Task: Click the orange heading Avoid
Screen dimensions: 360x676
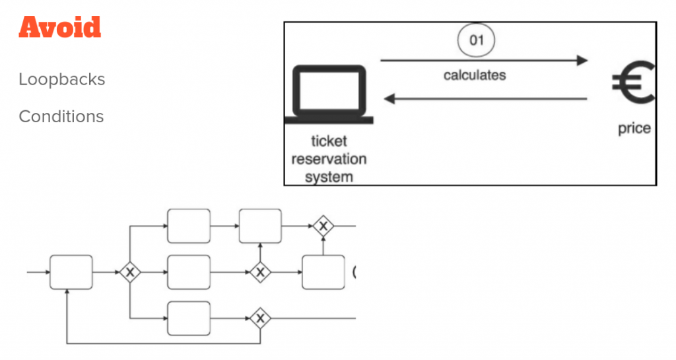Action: pos(60,27)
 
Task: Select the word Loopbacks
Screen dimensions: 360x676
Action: pos(62,79)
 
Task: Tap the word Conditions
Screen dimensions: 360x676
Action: pos(61,116)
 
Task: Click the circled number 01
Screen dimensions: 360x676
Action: pos(476,41)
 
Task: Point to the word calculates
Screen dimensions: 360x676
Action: pos(475,75)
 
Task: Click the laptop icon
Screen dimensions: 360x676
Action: pos(329,94)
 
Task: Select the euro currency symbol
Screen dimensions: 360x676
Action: pos(632,85)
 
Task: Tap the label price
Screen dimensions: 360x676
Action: pos(634,128)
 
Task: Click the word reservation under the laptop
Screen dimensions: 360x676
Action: pos(329,159)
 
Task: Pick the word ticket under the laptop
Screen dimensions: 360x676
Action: pos(329,141)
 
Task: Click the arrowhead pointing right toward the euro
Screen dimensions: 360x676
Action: pos(581,61)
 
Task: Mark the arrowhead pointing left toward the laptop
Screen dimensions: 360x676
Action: pos(390,99)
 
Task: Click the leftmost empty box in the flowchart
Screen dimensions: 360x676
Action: pos(71,271)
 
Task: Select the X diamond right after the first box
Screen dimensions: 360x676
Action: pos(130,271)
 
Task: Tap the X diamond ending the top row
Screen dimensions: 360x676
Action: pos(323,226)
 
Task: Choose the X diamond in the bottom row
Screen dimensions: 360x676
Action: pos(260,318)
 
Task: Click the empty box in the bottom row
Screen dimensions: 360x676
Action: pos(189,318)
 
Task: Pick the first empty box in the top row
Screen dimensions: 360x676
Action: pos(189,226)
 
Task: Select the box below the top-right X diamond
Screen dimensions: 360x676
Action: pos(323,271)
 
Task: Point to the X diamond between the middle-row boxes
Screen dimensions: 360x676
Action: pos(260,271)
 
